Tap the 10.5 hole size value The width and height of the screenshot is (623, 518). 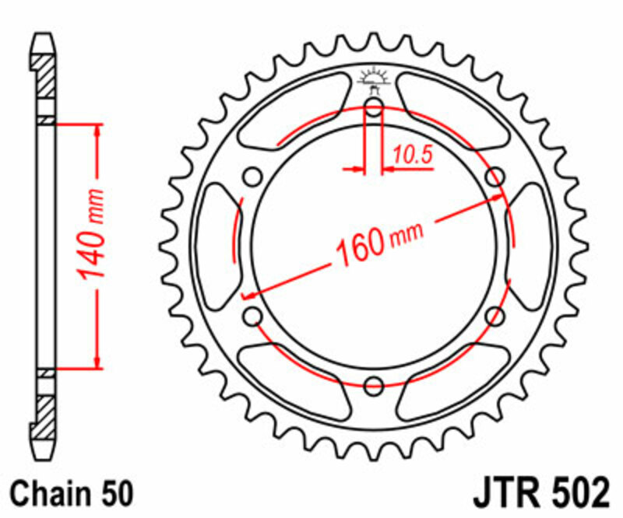(412, 155)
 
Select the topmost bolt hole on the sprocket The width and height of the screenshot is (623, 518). (373, 107)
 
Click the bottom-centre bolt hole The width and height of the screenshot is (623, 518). (373, 384)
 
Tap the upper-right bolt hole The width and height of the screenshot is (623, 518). (494, 177)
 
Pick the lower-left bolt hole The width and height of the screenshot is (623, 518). (252, 315)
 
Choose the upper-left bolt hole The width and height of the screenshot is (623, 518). (252, 177)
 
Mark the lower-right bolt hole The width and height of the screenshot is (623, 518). (494, 315)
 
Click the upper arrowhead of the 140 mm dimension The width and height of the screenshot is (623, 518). (98, 131)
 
